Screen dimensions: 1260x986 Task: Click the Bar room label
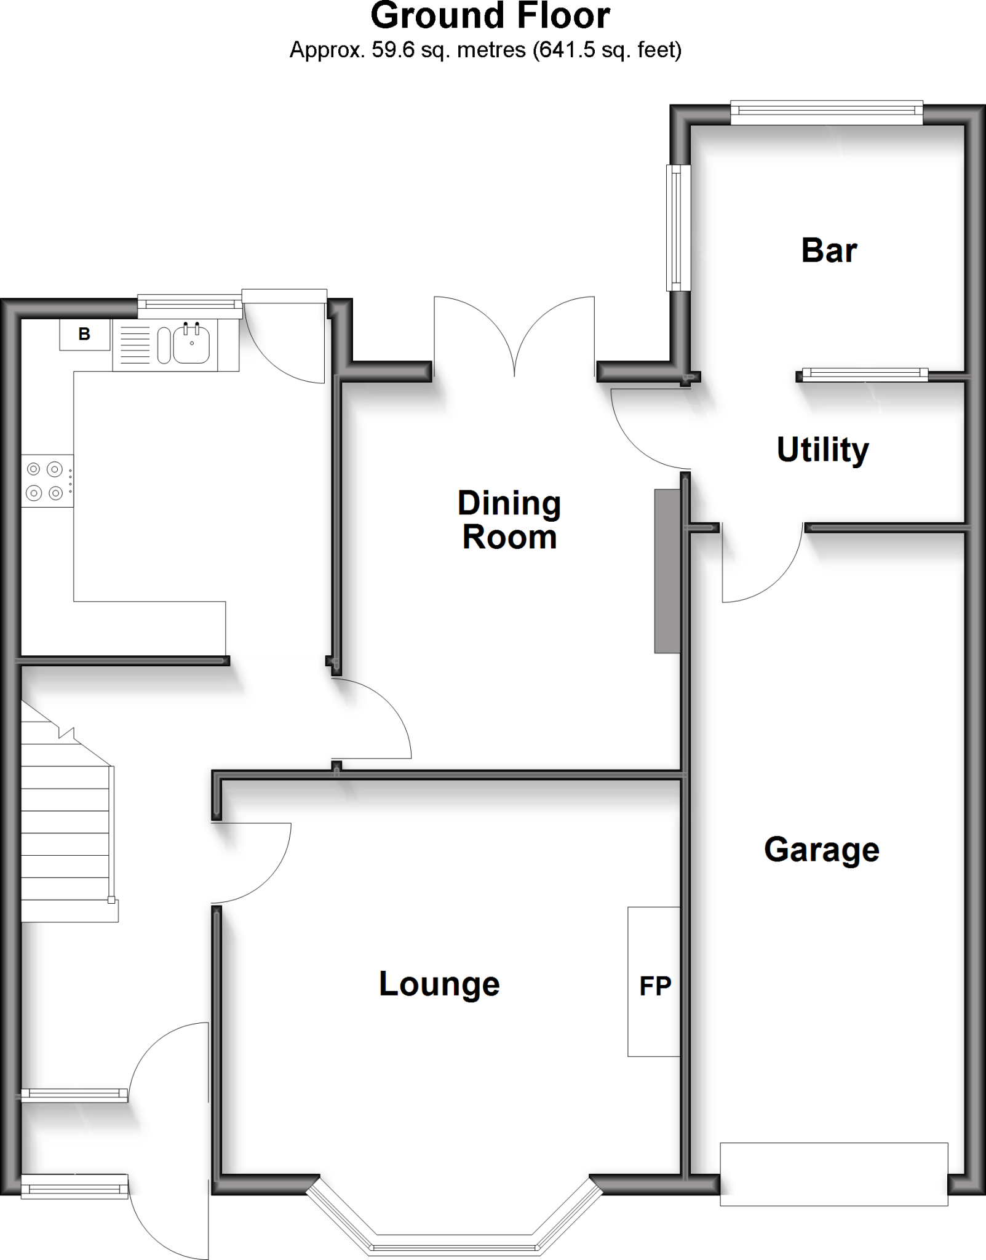coord(829,251)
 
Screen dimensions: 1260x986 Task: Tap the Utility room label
coord(822,450)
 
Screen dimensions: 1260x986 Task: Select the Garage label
coord(821,850)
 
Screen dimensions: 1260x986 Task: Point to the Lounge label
coord(439,984)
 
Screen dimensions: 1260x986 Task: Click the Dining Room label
coord(509,520)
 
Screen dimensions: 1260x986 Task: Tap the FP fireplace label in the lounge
coord(654,986)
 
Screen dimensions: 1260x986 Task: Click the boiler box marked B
coord(84,334)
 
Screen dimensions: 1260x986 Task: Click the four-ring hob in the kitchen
coord(45,480)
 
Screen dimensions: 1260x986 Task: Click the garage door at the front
coord(833,1173)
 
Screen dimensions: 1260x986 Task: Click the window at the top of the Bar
coord(826,111)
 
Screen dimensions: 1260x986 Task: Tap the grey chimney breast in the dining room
coord(667,570)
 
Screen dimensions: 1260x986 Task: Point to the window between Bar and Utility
coord(864,373)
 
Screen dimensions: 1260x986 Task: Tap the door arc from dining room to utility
coord(646,431)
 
